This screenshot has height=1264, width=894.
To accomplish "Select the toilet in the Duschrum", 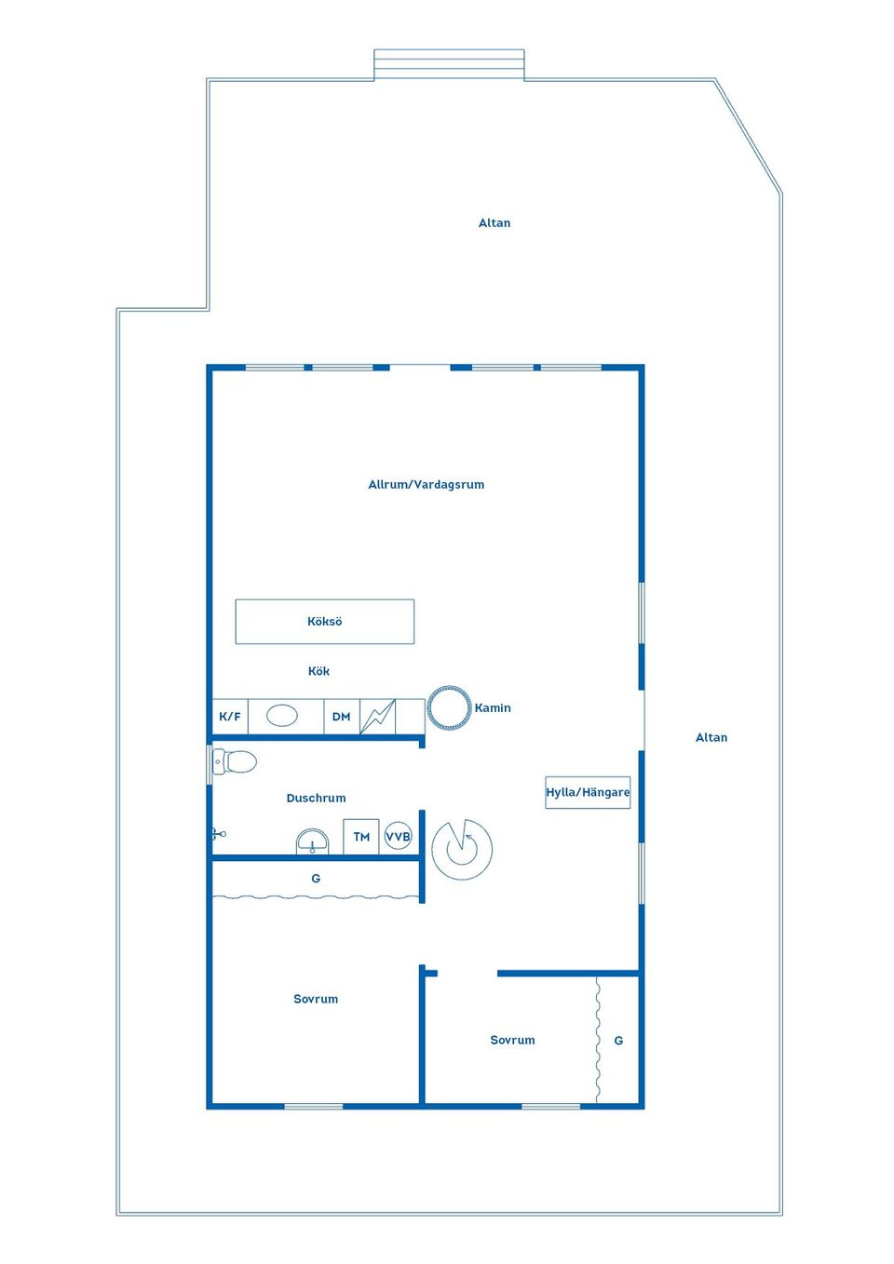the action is click(x=235, y=761).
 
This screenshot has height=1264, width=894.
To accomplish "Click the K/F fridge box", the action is click(x=230, y=716).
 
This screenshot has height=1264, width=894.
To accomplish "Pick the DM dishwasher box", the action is click(x=342, y=716).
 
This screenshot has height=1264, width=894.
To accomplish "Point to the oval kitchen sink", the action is click(x=281, y=716).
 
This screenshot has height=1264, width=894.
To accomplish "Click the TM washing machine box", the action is click(x=361, y=837).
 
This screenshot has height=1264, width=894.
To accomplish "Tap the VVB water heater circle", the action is click(x=398, y=836).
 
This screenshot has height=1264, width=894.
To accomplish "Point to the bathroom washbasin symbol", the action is click(x=312, y=842).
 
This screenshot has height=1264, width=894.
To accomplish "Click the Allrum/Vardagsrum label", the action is click(x=427, y=484).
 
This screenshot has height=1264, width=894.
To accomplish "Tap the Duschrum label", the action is click(x=316, y=798).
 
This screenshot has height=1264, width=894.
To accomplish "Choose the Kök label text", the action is click(x=318, y=671).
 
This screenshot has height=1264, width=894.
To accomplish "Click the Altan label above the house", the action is click(x=494, y=222).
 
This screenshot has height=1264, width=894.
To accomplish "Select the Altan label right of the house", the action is click(x=711, y=737).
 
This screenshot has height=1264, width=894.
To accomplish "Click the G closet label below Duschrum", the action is click(x=316, y=878).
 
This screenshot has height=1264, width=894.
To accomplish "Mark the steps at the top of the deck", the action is click(x=449, y=64).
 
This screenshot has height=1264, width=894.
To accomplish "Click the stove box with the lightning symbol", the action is click(x=377, y=716).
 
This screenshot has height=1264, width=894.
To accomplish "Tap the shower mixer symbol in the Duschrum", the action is click(x=219, y=833).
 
